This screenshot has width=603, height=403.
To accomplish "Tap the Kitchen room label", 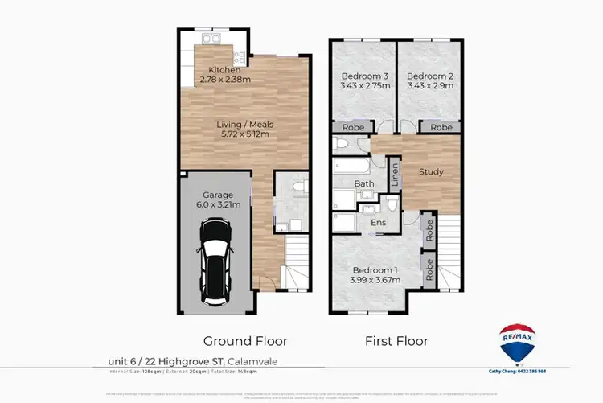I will click(224, 70).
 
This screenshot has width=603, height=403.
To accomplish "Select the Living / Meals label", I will click(246, 125).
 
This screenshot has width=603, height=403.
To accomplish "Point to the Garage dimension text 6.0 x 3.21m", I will click(218, 205).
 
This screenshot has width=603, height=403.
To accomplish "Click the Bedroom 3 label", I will click(360, 76).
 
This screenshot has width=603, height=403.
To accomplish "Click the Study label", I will click(431, 171).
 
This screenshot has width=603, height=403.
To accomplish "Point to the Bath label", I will click(364, 183).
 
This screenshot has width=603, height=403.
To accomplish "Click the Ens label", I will click(378, 223).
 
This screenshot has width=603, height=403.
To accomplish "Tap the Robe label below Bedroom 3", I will click(351, 127).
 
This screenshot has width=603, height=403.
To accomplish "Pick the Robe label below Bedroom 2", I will click(440, 127).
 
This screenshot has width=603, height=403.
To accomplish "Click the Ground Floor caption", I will click(245, 340).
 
